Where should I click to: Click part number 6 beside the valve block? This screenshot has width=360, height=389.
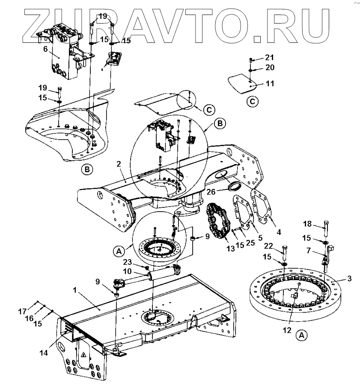45,49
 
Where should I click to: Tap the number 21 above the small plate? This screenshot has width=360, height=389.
269,57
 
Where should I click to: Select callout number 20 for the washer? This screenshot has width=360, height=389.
269,68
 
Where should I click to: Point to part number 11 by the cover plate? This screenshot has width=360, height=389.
269,84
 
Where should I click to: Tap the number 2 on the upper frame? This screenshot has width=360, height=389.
119,164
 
